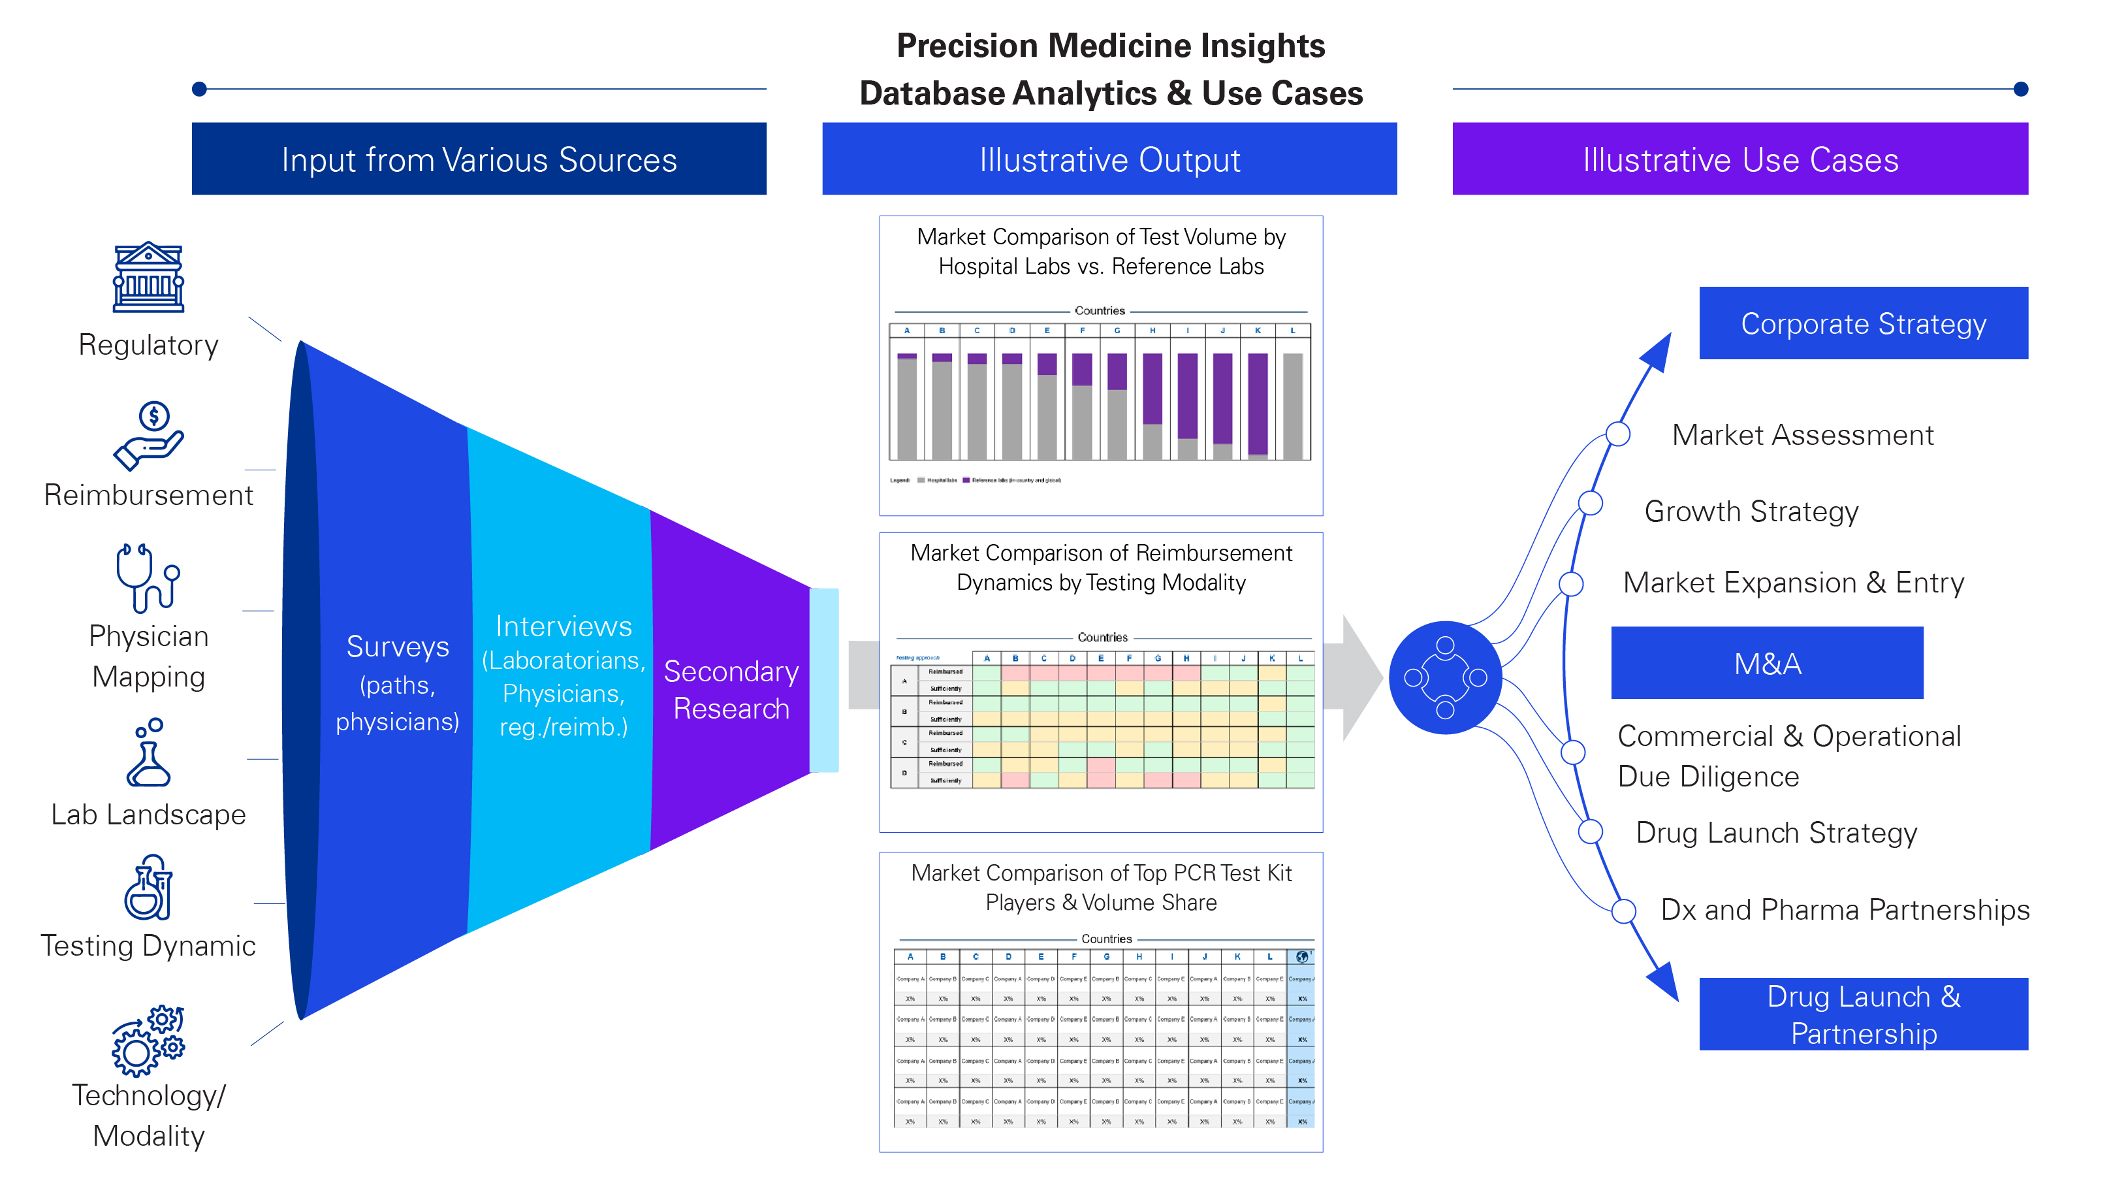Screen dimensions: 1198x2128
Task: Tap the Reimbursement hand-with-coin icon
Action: (x=149, y=436)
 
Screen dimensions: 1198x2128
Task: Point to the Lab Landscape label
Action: (x=149, y=815)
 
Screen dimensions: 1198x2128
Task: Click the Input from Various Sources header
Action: (x=479, y=159)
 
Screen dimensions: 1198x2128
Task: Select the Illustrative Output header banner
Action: (x=1109, y=159)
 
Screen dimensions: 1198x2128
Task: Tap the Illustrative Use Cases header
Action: (x=1739, y=159)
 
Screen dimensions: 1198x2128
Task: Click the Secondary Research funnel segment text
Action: (x=731, y=690)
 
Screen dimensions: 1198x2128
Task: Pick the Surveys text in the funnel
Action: (x=398, y=647)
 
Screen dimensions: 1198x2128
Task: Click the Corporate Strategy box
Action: (x=1863, y=323)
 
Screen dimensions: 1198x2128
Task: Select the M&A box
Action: (x=1767, y=664)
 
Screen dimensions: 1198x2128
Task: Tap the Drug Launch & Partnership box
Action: (x=1863, y=1014)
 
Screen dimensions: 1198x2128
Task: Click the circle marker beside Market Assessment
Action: (x=1617, y=434)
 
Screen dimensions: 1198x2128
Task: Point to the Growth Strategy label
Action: (x=1751, y=511)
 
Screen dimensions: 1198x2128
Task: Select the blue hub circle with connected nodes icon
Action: (x=1445, y=677)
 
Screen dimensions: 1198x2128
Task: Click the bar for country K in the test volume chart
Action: (x=1258, y=405)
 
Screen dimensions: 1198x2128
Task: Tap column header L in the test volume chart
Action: (x=1293, y=331)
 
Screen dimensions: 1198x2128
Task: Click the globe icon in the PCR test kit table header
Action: (x=1302, y=957)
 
